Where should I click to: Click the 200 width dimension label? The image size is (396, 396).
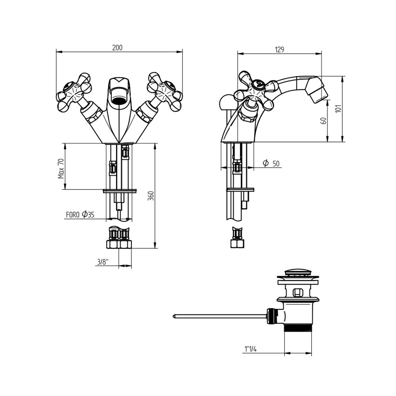pos(117,48)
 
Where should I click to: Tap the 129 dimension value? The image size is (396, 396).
pos(280,49)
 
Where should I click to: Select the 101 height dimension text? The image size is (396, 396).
pos(338,109)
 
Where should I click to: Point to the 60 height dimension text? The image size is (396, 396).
pos(323,121)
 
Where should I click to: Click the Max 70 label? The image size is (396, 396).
pos(61,169)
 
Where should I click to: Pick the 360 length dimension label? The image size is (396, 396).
pos(150,196)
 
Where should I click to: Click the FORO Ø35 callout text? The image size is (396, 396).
pos(80,215)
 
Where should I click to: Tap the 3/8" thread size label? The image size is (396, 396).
pos(103,262)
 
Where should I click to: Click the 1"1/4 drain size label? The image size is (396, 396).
pos(251,349)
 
